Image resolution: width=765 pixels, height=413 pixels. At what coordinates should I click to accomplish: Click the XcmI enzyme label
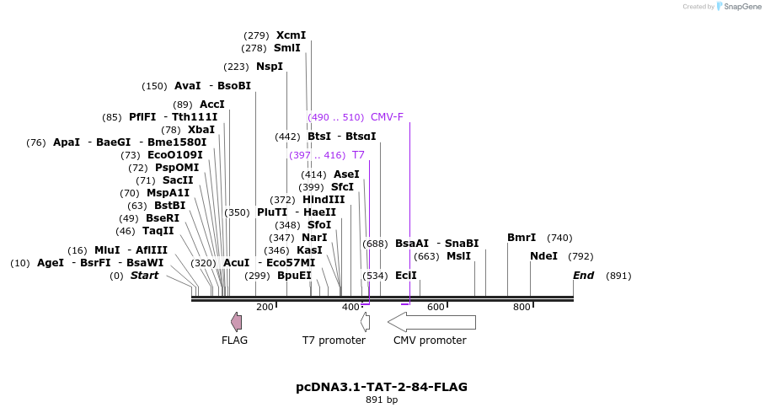click(x=291, y=35)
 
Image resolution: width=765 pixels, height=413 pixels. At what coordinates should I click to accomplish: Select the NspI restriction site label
click(x=270, y=67)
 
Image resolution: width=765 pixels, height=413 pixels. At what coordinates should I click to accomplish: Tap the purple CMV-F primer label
click(x=387, y=117)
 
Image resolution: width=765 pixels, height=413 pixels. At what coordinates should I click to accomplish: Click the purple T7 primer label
click(x=358, y=155)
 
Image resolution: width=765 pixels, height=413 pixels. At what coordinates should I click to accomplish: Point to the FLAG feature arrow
click(x=237, y=321)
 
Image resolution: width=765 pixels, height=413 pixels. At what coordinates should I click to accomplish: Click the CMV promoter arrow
click(x=431, y=322)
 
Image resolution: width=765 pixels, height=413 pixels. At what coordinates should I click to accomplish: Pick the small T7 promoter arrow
click(x=365, y=322)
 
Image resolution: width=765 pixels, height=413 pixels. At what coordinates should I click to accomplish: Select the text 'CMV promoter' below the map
click(x=430, y=341)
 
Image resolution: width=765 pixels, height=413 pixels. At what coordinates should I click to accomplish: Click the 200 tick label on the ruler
click(x=265, y=307)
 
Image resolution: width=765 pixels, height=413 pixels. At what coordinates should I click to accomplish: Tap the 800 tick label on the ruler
click(x=522, y=307)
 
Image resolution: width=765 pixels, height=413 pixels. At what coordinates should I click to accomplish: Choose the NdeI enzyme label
click(x=543, y=256)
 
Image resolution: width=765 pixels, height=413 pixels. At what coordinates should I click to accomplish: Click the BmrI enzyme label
click(x=522, y=238)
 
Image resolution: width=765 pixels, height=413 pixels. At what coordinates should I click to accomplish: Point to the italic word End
click(x=583, y=276)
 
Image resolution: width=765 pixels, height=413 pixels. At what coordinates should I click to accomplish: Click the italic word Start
click(x=144, y=276)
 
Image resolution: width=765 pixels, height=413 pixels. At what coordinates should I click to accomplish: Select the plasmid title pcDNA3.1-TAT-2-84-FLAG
click(x=382, y=387)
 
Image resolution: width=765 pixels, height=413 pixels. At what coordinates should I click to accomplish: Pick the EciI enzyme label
click(x=405, y=276)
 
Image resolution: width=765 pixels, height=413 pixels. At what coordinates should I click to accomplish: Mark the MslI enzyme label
click(x=458, y=256)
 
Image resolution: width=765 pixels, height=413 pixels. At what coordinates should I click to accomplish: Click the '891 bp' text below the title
click(x=382, y=400)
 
